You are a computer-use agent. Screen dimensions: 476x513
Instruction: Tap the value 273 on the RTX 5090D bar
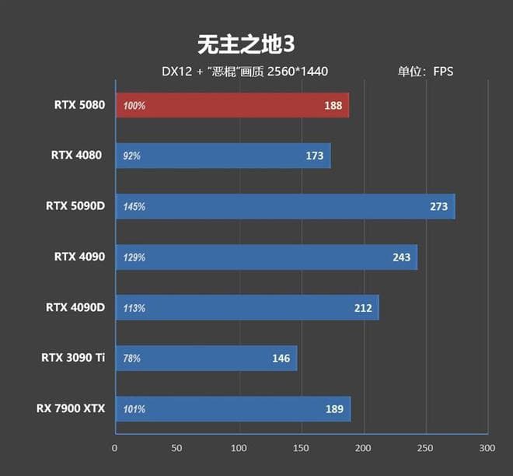pos(438,207)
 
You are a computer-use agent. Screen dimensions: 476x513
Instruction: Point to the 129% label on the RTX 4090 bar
pos(134,257)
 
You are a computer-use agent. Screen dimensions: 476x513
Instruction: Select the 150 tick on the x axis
pos(301,448)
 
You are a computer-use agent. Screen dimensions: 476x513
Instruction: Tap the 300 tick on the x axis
pos(487,448)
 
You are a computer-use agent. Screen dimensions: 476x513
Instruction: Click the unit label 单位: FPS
pos(425,72)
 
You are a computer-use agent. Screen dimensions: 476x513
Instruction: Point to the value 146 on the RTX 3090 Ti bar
pos(281,359)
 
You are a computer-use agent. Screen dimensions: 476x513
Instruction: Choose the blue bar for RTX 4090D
pos(247,308)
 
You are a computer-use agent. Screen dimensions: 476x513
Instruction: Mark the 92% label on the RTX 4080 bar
pos(131,156)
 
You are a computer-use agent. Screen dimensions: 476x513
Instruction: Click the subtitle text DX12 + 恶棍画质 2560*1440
pos(245,72)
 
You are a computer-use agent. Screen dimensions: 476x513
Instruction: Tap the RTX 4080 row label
pos(77,155)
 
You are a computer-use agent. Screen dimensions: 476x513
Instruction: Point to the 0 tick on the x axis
pos(115,448)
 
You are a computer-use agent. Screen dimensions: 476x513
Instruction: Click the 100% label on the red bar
pos(134,106)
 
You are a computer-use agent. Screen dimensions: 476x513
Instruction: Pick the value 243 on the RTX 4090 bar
pos(401,257)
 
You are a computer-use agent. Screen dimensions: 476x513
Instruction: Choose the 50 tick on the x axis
pos(177,448)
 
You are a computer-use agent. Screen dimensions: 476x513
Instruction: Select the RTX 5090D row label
pos(74,206)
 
